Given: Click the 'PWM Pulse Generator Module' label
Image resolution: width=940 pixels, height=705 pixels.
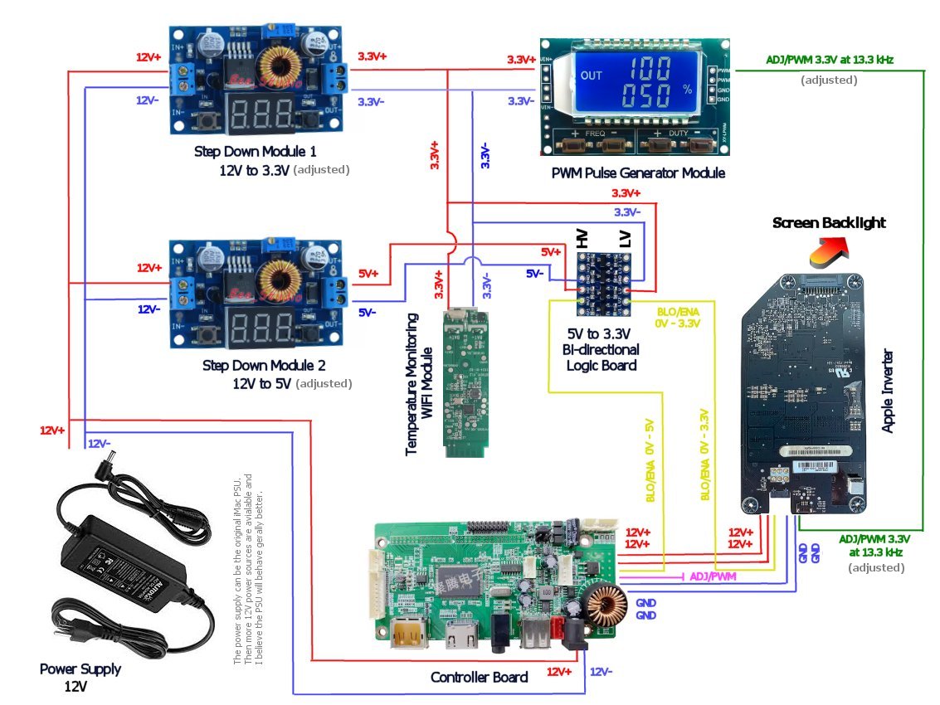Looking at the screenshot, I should point(638,173).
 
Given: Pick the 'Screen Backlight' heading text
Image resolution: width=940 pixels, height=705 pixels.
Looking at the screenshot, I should point(829,222).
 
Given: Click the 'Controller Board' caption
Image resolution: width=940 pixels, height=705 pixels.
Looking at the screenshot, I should point(479,677).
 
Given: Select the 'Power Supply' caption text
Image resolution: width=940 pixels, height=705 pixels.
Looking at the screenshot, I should point(80,669).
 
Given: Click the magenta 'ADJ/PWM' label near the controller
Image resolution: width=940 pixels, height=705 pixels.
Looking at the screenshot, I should point(713,576).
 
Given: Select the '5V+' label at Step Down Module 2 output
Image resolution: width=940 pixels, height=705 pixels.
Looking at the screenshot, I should point(368,273).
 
